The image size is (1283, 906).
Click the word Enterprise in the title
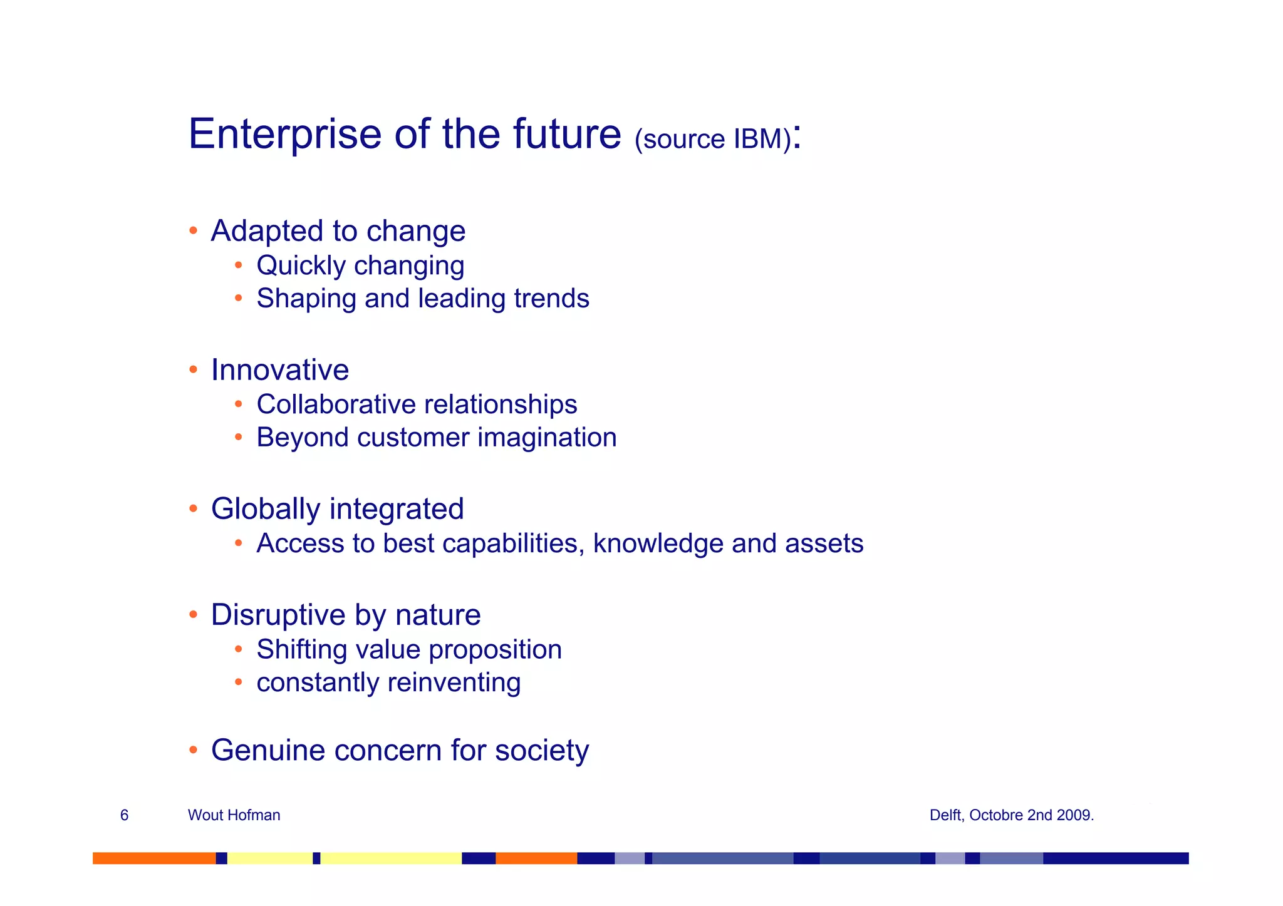click(x=284, y=135)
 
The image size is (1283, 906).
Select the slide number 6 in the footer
click(x=124, y=815)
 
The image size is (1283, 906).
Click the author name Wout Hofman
click(x=234, y=815)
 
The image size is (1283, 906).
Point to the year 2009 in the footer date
click(x=1073, y=815)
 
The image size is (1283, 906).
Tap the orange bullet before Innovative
click(x=194, y=369)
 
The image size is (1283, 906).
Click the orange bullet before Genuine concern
click(x=194, y=749)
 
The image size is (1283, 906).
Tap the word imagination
click(x=547, y=438)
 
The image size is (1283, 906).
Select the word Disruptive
click(x=278, y=615)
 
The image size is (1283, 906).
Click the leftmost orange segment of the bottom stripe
click(x=153, y=858)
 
